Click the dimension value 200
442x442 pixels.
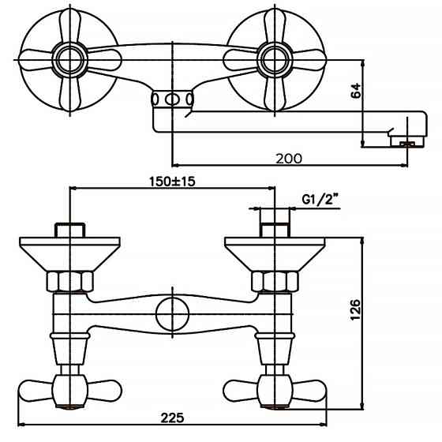click(289, 158)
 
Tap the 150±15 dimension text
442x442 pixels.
click(172, 181)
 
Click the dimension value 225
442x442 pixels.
click(172, 418)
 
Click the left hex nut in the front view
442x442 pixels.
click(69, 280)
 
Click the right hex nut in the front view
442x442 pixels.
click(275, 280)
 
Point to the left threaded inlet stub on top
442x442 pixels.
click(69, 230)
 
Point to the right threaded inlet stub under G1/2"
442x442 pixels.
click(275, 230)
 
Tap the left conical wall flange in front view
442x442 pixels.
click(69, 251)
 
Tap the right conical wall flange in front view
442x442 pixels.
click(275, 251)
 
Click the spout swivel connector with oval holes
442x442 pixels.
click(172, 99)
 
